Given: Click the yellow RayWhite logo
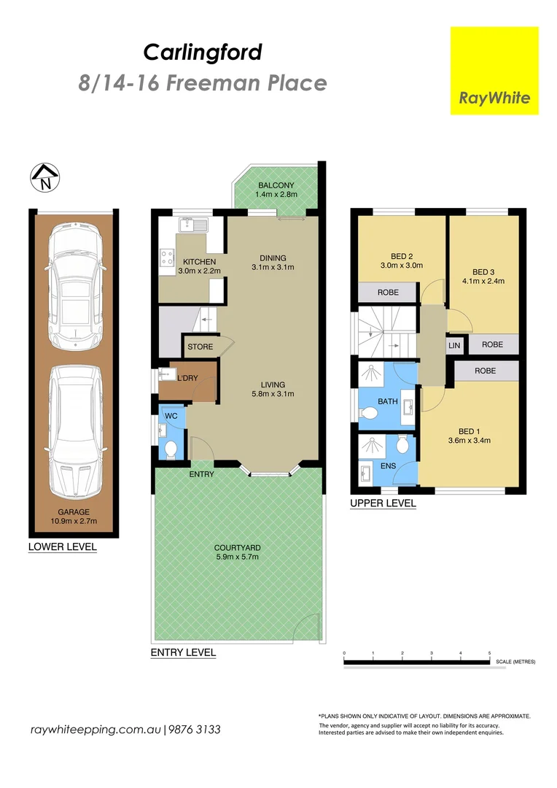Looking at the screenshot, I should click(494, 71).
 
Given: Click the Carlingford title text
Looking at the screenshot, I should click(202, 53).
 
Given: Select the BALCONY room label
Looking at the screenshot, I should click(275, 185).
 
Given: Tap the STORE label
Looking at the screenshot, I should click(200, 347).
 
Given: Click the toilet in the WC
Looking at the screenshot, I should click(171, 447).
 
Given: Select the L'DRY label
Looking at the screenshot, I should click(187, 378).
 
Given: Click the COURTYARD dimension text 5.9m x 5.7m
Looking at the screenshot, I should click(237, 557).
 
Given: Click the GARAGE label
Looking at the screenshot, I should click(72, 512).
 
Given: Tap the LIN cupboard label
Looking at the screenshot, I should click(454, 344).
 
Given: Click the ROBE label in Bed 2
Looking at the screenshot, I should click(387, 292).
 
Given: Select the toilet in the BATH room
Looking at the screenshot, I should click(370, 414).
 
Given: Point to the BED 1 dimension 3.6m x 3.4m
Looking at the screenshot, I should click(470, 440).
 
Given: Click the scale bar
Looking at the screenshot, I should click(416, 663).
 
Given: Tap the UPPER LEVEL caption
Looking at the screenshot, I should click(383, 503).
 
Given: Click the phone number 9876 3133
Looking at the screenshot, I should click(195, 730).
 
